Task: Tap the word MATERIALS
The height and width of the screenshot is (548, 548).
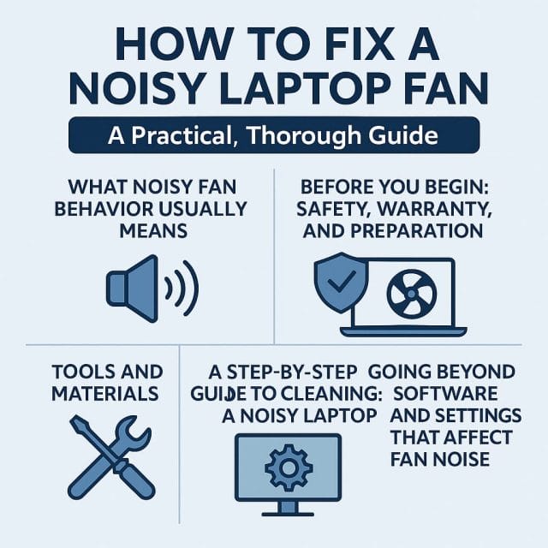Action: point(104,394)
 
